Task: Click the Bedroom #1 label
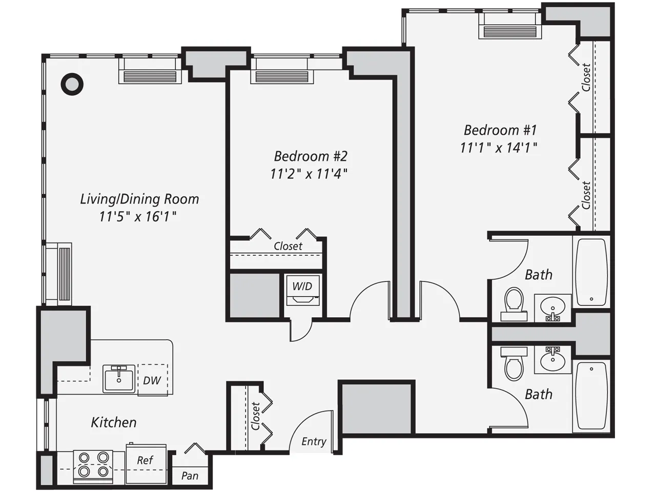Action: click(500, 130)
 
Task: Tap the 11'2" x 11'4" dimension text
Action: click(309, 174)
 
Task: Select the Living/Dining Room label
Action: click(139, 199)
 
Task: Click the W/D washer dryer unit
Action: click(302, 290)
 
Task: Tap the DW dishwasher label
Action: click(152, 380)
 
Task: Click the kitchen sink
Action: click(119, 379)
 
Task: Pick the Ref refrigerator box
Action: click(146, 464)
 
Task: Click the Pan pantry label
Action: click(190, 476)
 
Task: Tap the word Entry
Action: click(314, 441)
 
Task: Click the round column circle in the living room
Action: click(72, 84)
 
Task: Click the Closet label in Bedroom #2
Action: click(288, 246)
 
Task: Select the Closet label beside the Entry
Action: click(255, 416)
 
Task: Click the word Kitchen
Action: click(114, 422)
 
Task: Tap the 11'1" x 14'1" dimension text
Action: click(498, 148)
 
